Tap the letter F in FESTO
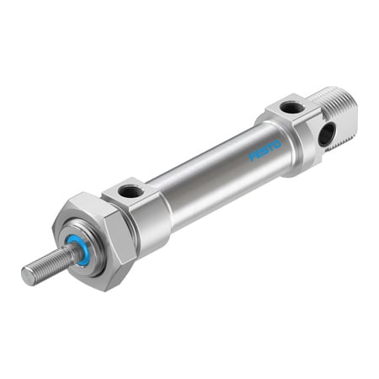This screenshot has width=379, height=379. (253, 159)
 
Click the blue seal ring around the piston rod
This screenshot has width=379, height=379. (83, 250)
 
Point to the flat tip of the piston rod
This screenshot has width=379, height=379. (28, 275)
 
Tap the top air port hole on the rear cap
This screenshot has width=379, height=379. (289, 107)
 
